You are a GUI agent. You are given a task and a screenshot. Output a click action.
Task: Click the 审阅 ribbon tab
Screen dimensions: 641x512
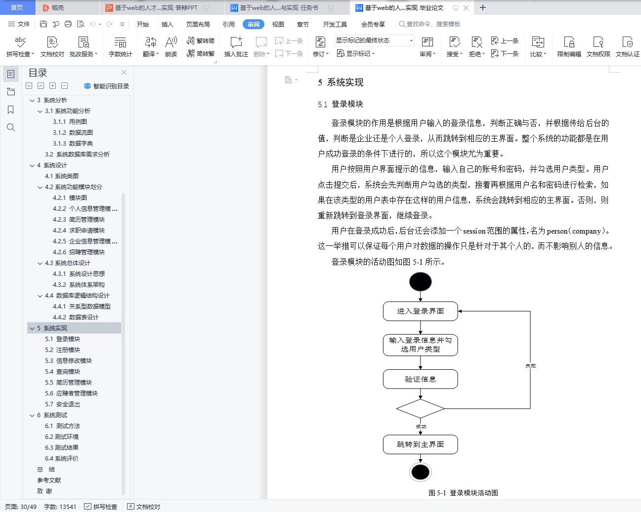coord(253,24)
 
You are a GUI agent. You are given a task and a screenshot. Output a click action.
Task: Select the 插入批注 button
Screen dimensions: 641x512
coord(236,47)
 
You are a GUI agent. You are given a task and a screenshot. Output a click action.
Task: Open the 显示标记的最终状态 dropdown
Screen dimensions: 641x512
coord(375,40)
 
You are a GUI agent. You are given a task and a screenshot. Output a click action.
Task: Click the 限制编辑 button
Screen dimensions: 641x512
coord(569,47)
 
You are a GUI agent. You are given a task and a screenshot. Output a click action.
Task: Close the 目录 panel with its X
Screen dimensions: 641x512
coord(124,73)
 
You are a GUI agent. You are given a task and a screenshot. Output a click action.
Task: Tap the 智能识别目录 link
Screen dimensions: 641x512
coord(107,86)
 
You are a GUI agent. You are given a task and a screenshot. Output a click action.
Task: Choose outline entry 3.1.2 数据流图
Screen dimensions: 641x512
coord(73,132)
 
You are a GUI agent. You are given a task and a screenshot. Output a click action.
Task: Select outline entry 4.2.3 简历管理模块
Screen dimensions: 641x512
coord(79,219)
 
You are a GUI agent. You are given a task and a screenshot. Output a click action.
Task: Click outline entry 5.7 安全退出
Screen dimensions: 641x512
coord(63,404)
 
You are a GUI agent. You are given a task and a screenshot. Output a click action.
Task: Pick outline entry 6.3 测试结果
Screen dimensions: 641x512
coord(62,447)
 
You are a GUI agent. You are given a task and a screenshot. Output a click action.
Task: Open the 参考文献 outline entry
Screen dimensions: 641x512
coord(49,480)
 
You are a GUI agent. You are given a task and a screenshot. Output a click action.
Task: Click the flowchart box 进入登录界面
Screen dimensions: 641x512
coord(420,311)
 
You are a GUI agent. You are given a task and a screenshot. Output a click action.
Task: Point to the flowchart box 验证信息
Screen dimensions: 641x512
coord(420,379)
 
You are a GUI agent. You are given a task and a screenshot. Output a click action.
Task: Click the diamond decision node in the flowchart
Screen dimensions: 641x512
coord(420,408)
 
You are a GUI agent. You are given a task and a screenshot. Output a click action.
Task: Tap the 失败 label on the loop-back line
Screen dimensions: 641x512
coord(530,366)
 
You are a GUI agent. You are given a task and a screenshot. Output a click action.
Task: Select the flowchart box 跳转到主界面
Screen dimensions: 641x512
coord(420,444)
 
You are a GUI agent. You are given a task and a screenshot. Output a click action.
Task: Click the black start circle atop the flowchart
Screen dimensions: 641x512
coord(420,281)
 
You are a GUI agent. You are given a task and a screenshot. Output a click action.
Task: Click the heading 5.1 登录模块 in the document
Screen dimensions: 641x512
coord(340,104)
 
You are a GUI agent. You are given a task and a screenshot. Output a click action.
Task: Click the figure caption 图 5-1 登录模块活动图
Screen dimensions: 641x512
coord(463,493)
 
